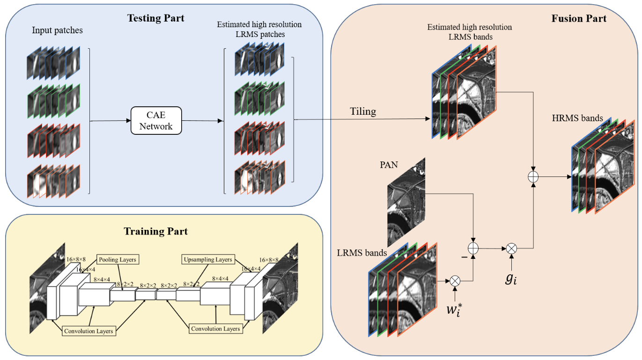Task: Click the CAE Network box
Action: (155, 121)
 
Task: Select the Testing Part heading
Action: (156, 18)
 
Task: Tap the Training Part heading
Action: (155, 231)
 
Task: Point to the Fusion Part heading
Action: (578, 19)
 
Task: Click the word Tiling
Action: (363, 111)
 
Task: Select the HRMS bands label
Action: (577, 118)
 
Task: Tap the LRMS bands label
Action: (362, 253)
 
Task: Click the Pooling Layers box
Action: (118, 259)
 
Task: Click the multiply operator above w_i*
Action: (455, 281)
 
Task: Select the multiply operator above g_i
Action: (511, 248)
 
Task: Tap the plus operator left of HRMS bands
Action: (533, 177)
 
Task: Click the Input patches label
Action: (57, 30)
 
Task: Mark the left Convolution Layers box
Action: (89, 331)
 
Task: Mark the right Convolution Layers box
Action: (215, 329)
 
